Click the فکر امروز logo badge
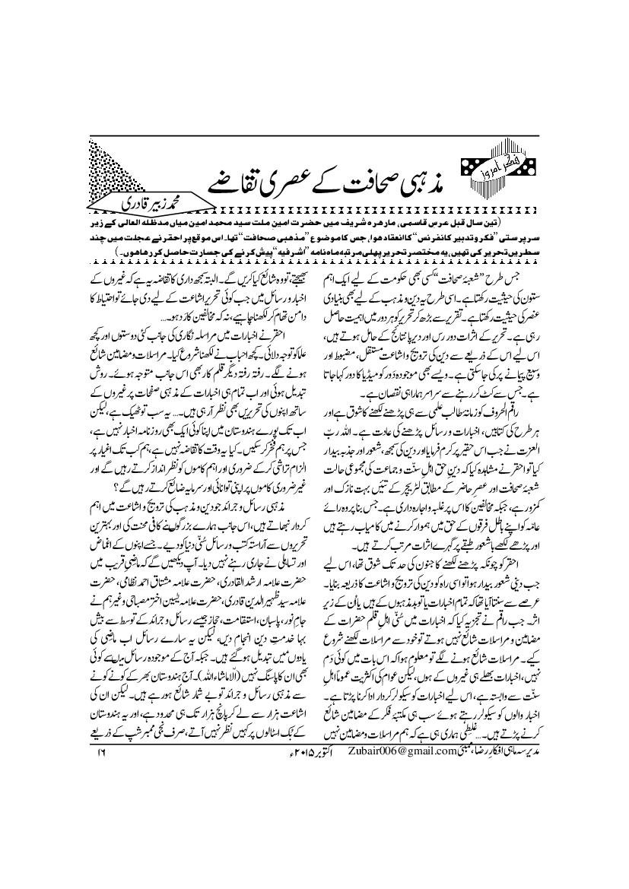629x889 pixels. (x=496, y=174)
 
